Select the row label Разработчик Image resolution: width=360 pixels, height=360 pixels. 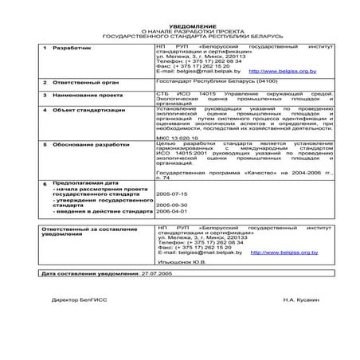click(x=72, y=49)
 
